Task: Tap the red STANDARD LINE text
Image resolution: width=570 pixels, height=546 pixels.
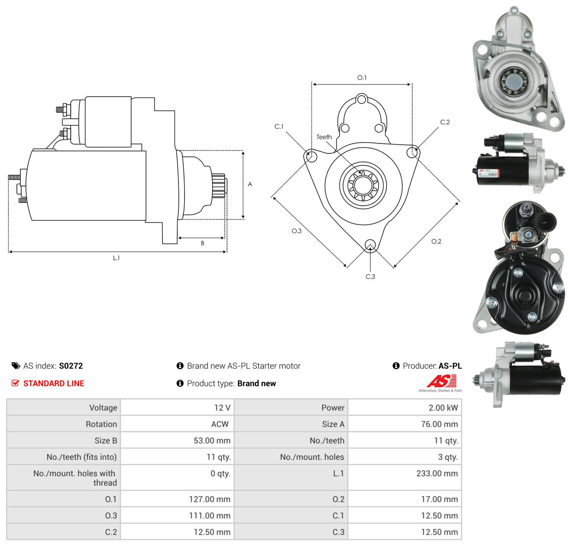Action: coord(54,383)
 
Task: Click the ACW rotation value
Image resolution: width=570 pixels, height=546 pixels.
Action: coord(220,424)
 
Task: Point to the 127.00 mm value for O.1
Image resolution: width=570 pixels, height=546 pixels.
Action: coord(210,499)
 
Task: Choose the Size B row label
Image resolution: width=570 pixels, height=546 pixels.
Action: coord(106,440)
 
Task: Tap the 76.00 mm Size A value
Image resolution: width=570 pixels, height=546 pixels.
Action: coord(439,424)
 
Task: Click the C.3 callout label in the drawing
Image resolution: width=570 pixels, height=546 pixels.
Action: coord(370,276)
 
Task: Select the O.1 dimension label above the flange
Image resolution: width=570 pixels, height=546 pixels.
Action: coord(362,78)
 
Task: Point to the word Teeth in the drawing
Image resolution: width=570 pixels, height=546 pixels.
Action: coord(324,137)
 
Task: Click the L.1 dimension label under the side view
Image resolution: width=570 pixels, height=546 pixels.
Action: coord(116,258)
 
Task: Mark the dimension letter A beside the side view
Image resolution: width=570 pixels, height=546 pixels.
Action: coord(250,184)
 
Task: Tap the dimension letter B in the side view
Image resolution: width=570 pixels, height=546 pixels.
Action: coord(202,243)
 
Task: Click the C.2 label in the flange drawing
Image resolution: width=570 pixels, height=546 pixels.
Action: coord(445,122)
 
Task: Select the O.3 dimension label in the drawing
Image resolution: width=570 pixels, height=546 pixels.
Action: coord(296,231)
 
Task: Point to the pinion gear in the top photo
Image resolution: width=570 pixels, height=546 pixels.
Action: coord(513,80)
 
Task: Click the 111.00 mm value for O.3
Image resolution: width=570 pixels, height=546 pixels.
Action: coord(210,515)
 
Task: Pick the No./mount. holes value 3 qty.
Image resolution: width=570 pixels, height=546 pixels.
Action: coord(447,457)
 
